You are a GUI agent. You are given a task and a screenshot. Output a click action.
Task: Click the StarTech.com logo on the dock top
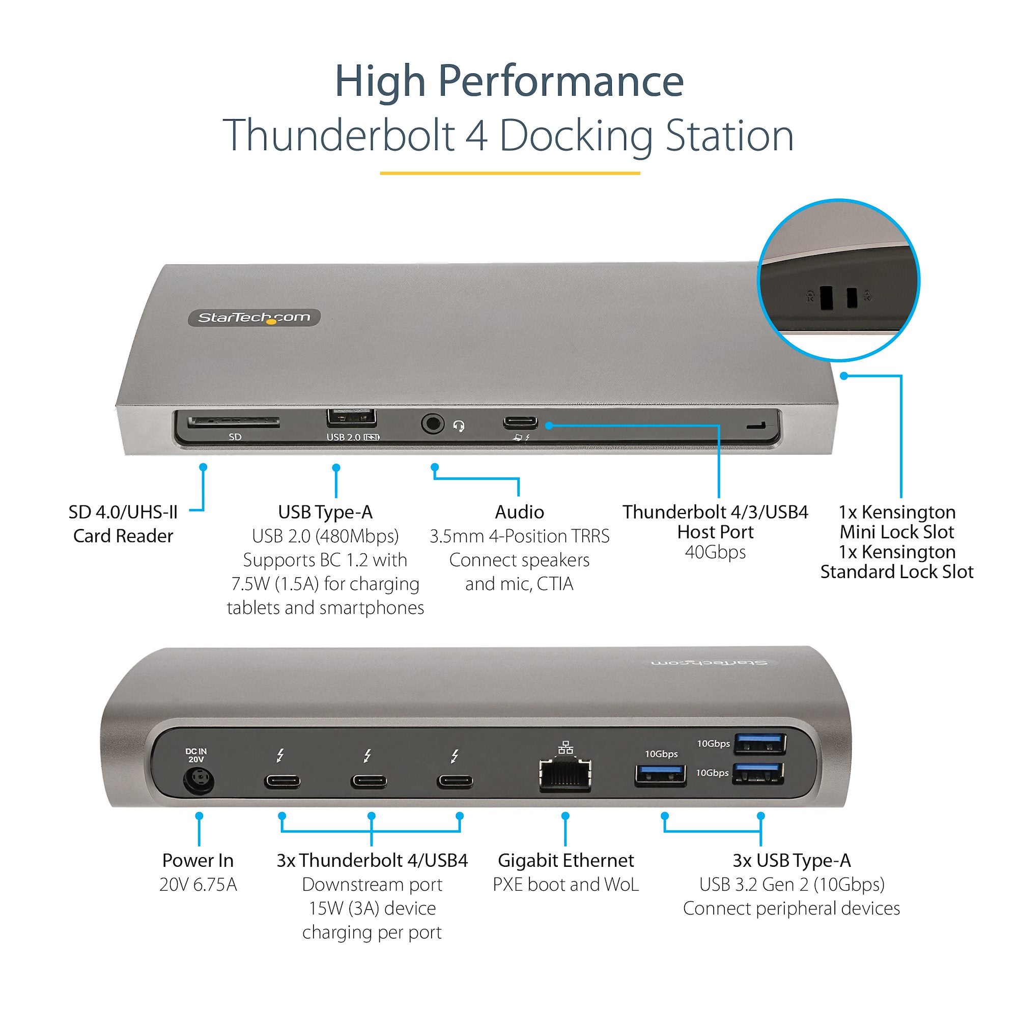[254, 317]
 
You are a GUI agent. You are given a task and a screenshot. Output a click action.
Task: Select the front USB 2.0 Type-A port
[351, 418]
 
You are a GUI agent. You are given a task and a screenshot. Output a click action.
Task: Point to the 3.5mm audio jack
[433, 423]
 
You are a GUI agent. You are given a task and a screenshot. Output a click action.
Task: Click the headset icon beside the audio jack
[459, 426]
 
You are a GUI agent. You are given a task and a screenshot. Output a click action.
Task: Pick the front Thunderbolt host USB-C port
[520, 422]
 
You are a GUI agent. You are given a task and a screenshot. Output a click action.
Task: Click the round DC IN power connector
[199, 781]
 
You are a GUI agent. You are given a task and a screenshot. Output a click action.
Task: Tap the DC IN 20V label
[196, 755]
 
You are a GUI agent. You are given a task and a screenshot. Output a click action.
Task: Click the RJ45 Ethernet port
[565, 776]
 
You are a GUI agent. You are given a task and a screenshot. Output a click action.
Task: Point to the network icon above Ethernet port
[565, 747]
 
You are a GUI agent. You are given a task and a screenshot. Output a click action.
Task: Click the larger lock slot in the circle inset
[826, 298]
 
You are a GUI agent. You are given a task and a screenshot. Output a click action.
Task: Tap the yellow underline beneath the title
[510, 173]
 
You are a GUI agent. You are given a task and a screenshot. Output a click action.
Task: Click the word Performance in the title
[560, 81]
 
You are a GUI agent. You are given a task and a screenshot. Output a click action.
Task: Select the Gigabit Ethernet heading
[565, 860]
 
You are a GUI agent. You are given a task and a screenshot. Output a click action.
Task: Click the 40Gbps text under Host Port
[715, 552]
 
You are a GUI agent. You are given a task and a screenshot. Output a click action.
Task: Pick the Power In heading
[197, 860]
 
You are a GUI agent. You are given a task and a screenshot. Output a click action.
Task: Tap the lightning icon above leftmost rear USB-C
[281, 756]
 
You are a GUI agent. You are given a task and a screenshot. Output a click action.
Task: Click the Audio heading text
[519, 512]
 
